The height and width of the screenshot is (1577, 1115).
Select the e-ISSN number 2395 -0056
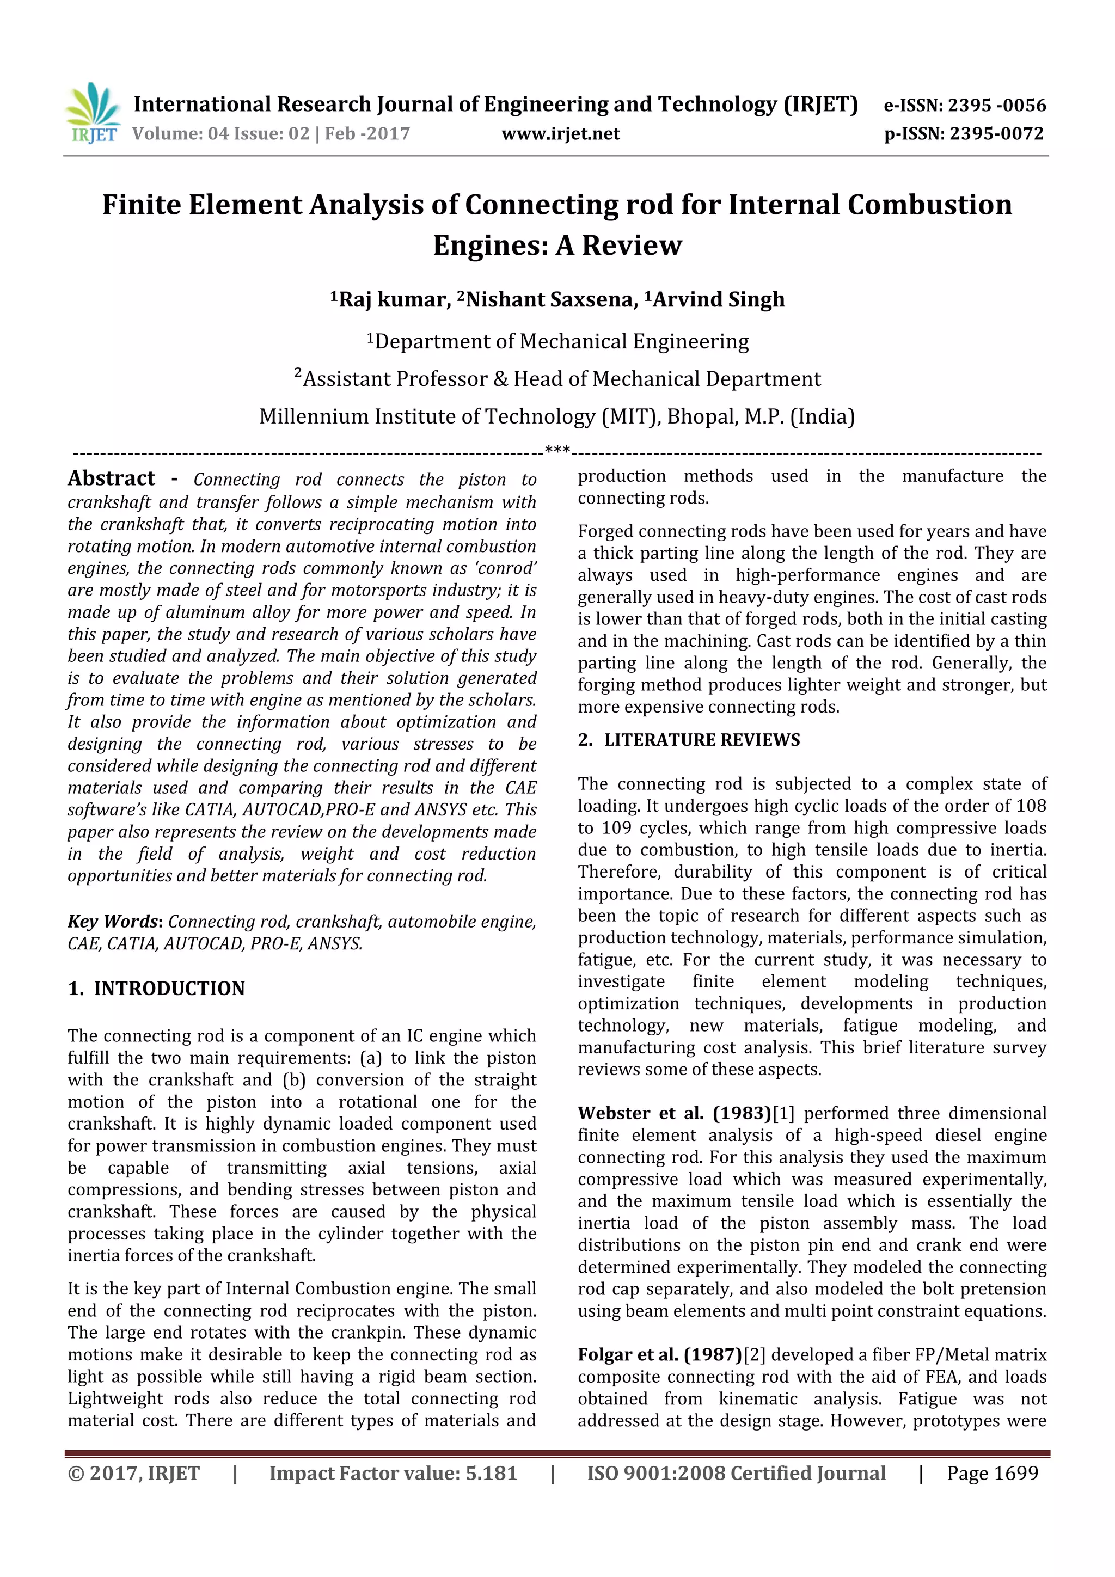tap(996, 105)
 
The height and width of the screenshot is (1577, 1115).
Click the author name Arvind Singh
tap(718, 299)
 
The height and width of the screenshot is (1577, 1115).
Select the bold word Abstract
tap(111, 478)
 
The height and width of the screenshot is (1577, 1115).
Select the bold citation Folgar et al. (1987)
tap(659, 1354)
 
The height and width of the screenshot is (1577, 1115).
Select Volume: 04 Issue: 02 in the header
tap(220, 133)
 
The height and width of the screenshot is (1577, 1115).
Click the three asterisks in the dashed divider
tap(556, 451)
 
